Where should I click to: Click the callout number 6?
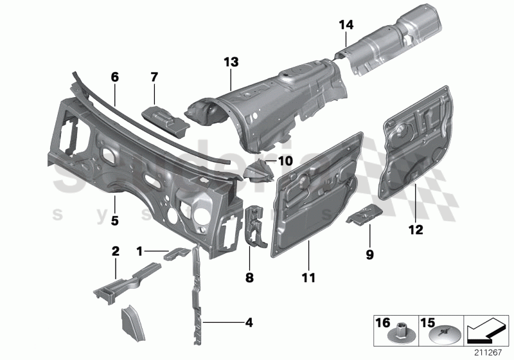click(x=115, y=76)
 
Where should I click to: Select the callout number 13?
click(x=231, y=62)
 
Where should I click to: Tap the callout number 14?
click(x=346, y=25)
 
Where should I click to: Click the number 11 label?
click(x=309, y=278)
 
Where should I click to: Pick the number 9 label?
click(x=370, y=254)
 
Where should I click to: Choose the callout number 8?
click(x=249, y=278)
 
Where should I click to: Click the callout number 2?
click(x=116, y=250)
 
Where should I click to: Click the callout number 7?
click(x=154, y=77)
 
